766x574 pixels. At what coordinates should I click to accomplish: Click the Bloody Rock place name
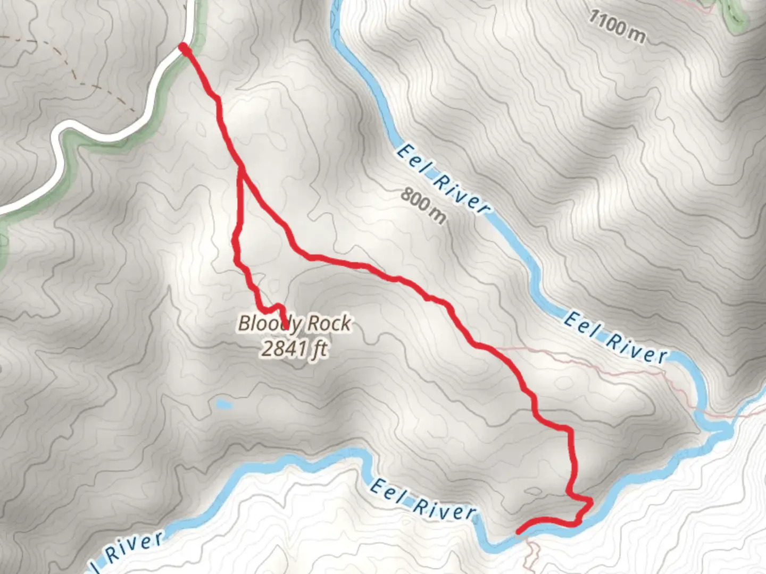(294, 323)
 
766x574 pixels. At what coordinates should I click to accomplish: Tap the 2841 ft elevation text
(294, 349)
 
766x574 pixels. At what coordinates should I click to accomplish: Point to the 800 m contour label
(423, 206)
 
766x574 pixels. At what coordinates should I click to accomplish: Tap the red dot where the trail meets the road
(184, 48)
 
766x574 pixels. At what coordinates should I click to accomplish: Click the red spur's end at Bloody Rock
(286, 325)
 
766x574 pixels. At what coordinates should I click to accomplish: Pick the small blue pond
(223, 405)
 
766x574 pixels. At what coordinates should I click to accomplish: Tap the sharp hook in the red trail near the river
(589, 502)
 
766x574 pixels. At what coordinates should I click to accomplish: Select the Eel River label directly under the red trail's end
(422, 500)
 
